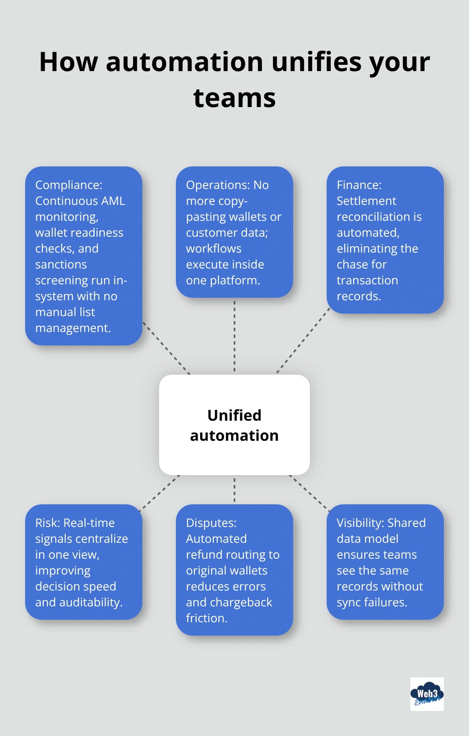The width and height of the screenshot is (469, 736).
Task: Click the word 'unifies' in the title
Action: [x=316, y=62]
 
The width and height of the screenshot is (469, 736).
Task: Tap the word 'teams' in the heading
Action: [x=234, y=98]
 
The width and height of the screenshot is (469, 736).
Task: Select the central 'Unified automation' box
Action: [x=234, y=425]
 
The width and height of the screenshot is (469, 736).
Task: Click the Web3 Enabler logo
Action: [x=427, y=694]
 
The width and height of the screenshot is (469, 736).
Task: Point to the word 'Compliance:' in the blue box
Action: [x=69, y=185]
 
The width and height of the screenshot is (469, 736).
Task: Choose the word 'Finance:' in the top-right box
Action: [x=359, y=185]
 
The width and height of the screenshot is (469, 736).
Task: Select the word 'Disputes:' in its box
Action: [x=211, y=523]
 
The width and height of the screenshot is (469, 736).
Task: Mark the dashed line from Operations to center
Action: [x=234, y=336]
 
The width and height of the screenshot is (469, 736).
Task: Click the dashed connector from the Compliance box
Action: [x=166, y=348]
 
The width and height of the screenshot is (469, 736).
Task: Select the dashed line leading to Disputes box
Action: [x=234, y=490]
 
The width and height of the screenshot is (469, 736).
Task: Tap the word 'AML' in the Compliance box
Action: [x=113, y=201]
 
